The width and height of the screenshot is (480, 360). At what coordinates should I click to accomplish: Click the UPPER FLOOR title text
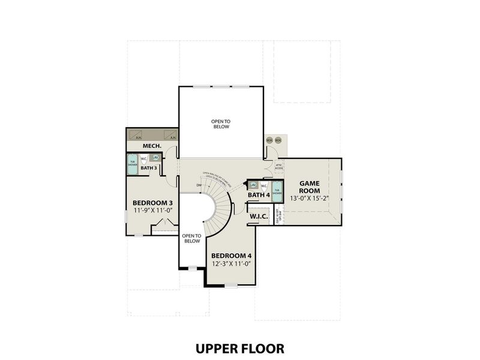pos(239,348)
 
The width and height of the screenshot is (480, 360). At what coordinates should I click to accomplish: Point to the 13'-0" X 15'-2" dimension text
pos(314,199)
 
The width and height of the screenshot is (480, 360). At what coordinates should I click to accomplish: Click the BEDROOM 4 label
pos(231,256)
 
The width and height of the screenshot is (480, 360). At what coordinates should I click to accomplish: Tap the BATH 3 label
pos(149,169)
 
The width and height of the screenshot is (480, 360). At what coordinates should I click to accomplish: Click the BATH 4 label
pos(259,195)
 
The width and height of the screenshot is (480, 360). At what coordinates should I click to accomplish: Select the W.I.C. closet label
pos(259,217)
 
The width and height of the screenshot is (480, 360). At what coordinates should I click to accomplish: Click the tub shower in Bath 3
pos(132,164)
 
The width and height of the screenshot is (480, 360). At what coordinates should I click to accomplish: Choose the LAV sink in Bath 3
pos(155,158)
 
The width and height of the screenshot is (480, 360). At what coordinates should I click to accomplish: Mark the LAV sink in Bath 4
pos(253,185)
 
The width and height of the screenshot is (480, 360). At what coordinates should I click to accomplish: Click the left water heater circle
pos(269,141)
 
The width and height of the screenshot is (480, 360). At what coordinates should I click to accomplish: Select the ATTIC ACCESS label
pos(278,167)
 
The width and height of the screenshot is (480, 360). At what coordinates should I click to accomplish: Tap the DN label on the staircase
pos(199,185)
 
